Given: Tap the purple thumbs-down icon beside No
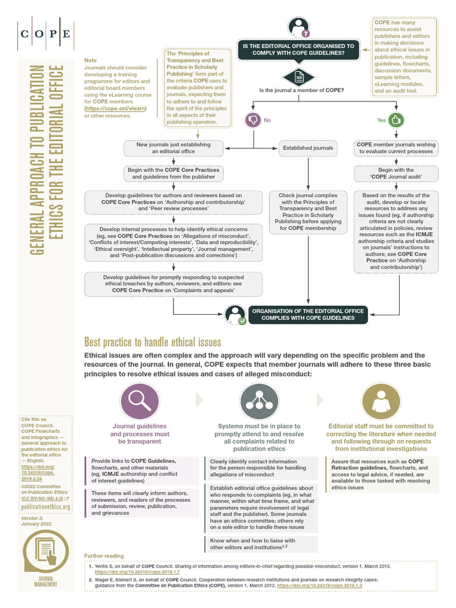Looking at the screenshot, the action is (x=253, y=120).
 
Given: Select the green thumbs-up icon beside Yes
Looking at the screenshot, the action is (x=396, y=120).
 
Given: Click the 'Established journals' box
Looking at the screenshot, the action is (x=308, y=147).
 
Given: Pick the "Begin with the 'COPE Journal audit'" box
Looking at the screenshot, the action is (x=392, y=173).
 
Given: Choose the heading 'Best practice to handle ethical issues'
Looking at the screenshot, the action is (x=153, y=342).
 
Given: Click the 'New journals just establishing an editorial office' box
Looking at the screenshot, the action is (x=173, y=148).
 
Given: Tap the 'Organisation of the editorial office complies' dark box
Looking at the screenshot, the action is (x=303, y=313).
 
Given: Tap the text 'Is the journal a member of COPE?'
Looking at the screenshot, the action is (x=302, y=90).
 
